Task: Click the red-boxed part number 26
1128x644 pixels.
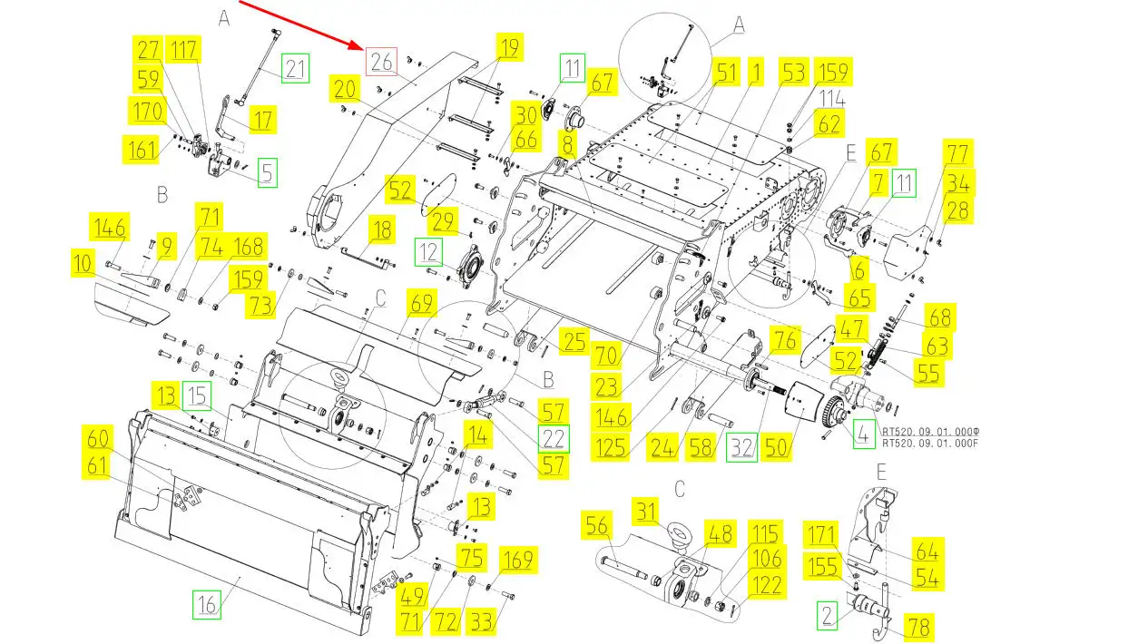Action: point(381,61)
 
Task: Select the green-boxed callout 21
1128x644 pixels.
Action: point(295,68)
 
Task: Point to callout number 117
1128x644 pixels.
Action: point(185,49)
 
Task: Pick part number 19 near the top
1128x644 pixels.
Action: point(510,47)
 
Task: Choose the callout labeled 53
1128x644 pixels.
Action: point(794,73)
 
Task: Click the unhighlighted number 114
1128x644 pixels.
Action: point(833,98)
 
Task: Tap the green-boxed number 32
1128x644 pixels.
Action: point(743,447)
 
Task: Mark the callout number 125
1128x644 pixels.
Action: point(612,447)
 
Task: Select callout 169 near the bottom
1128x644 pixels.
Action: point(517,560)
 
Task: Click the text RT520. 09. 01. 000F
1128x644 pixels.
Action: point(931,444)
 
